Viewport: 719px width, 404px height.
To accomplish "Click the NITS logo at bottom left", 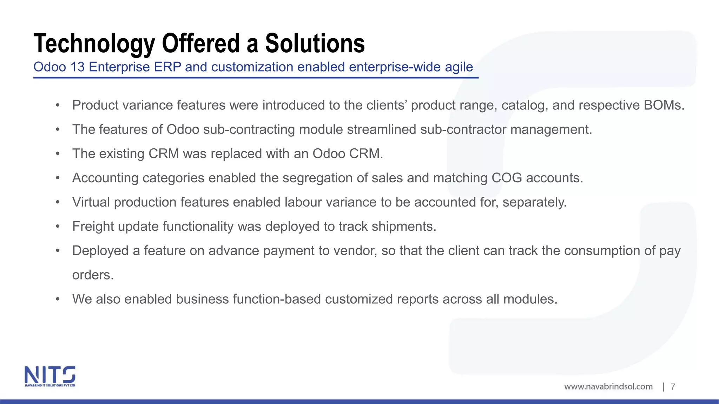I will click(x=50, y=376).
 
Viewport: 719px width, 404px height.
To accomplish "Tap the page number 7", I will click(x=673, y=387).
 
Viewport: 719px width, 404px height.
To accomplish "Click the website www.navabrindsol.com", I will click(x=608, y=386).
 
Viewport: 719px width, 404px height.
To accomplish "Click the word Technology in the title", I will click(x=94, y=44).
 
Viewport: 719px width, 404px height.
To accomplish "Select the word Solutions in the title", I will click(x=315, y=44).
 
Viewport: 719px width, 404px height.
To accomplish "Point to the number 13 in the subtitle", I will click(x=77, y=67).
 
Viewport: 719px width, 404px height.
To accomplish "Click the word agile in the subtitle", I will click(x=459, y=67).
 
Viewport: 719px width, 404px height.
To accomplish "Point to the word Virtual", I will click(x=91, y=202).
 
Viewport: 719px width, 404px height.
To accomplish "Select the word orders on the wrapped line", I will click(x=93, y=275).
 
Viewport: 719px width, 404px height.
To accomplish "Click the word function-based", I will click(x=277, y=299).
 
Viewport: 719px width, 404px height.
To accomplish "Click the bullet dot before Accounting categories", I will click(x=58, y=178).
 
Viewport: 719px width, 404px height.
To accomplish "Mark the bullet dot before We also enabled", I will click(x=58, y=299).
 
